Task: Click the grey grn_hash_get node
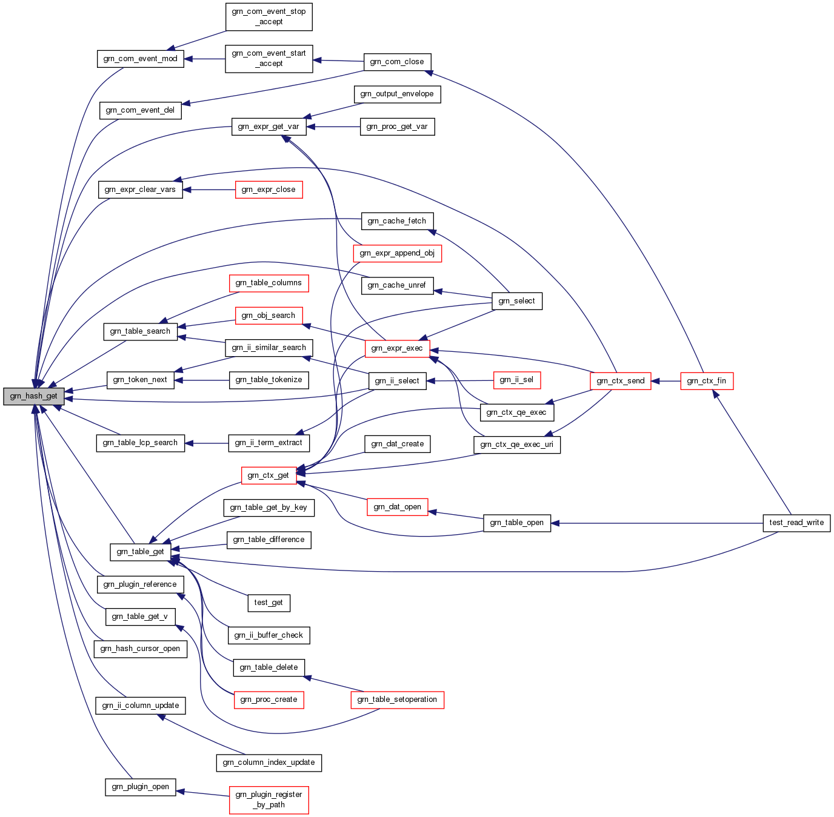[34, 396]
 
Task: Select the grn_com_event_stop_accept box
[269, 16]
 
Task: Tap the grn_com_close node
[397, 62]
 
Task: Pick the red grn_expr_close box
[269, 190]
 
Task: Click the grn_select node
[516, 301]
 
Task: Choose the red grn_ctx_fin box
[706, 381]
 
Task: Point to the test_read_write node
[796, 523]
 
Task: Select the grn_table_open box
[516, 523]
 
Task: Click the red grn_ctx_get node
[269, 475]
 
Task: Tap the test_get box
[269, 603]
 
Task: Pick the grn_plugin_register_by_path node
[269, 799]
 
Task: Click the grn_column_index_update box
[269, 762]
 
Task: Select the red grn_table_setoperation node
[397, 700]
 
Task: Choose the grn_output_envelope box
[397, 94]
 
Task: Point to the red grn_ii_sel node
[516, 380]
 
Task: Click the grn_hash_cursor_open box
[140, 649]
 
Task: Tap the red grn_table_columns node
[269, 283]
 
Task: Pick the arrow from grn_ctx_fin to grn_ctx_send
[666, 381]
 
